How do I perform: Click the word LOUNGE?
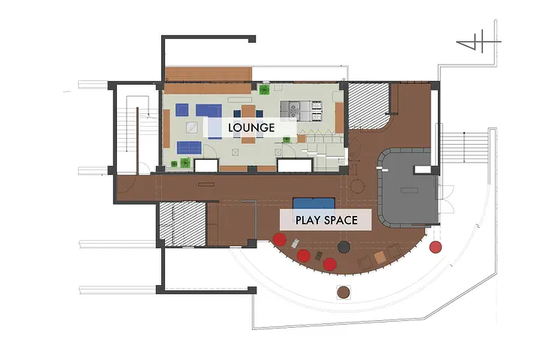pyautogui.click(x=251, y=127)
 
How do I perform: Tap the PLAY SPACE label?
pyautogui.click(x=326, y=220)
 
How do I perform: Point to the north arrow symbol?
pyautogui.click(x=478, y=41)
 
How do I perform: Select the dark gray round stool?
pyautogui.click(x=343, y=247)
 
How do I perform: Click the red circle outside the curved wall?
pyautogui.click(x=435, y=247)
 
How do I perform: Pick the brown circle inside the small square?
pyautogui.click(x=343, y=292)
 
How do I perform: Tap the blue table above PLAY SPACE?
pyautogui.click(x=313, y=203)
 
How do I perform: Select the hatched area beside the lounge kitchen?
pyautogui.click(x=368, y=106)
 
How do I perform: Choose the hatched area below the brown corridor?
pyautogui.click(x=182, y=224)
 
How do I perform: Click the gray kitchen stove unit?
pyautogui.click(x=301, y=110)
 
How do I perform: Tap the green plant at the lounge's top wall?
pyautogui.click(x=264, y=90)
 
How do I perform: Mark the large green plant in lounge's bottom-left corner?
pyautogui.click(x=185, y=162)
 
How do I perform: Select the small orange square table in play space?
pyautogui.click(x=379, y=257)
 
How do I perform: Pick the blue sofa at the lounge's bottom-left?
pyautogui.click(x=190, y=148)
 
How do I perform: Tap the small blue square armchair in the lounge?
pyautogui.click(x=181, y=109)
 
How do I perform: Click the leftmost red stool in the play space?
pyautogui.click(x=280, y=239)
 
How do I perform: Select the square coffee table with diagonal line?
pyautogui.click(x=192, y=127)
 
